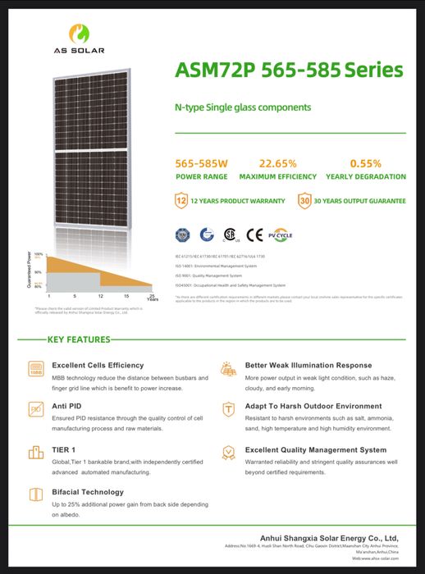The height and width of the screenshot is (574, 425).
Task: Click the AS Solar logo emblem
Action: pyautogui.click(x=78, y=32)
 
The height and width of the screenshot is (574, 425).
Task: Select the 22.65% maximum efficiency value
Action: pyautogui.click(x=277, y=163)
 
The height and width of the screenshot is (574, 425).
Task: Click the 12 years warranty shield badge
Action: pyautogui.click(x=181, y=200)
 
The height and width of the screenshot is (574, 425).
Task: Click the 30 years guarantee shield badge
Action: pyautogui.click(x=304, y=200)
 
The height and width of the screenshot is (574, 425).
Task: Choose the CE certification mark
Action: pyautogui.click(x=255, y=235)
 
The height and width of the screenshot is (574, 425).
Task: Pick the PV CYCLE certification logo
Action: pyautogui.click(x=281, y=235)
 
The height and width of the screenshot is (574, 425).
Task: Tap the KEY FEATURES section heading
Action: pyautogui.click(x=79, y=339)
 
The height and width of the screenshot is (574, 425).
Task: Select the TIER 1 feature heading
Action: pyautogui.click(x=64, y=449)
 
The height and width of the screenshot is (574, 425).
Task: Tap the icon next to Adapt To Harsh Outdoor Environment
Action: pyautogui.click(x=229, y=408)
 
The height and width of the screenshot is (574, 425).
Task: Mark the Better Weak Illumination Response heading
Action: pyautogui.click(x=308, y=365)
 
